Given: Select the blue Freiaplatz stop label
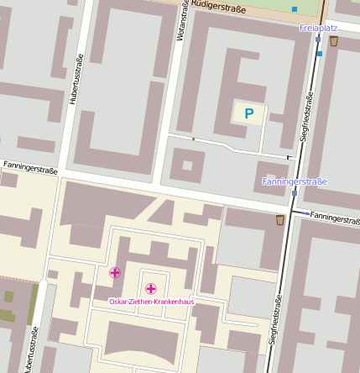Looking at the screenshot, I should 317,28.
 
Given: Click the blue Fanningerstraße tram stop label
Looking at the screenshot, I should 295,181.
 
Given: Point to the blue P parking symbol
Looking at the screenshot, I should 248,113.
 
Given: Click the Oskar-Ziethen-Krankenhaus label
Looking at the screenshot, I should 151,302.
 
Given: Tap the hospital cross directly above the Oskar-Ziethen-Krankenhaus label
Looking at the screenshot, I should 151,289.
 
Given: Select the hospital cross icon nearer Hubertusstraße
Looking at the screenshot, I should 115,272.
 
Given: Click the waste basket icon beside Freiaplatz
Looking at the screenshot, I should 334,41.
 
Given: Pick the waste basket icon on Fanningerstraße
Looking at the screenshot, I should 279,221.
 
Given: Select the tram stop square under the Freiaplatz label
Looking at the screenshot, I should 318,39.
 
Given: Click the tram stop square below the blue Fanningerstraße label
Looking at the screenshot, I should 295,192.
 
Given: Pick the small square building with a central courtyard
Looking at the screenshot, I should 187,165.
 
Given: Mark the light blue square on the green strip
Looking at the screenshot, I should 295,9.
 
